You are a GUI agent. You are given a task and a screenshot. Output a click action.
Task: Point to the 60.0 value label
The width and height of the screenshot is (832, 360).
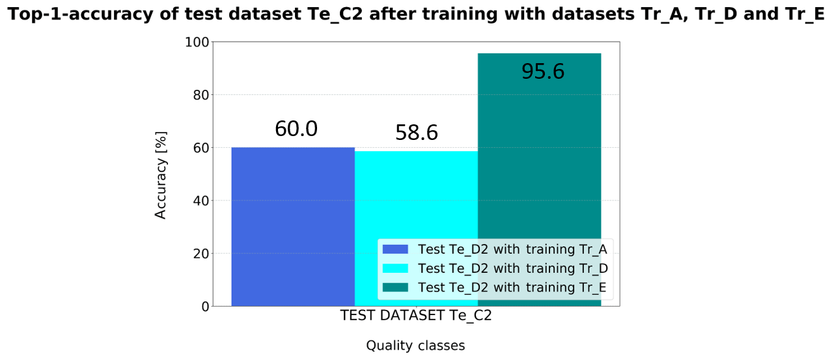coord(296,129)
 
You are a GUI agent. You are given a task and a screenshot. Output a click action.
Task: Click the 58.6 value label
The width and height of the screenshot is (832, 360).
coord(417,133)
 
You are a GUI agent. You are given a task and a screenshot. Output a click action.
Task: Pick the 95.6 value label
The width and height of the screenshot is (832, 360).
coord(543,72)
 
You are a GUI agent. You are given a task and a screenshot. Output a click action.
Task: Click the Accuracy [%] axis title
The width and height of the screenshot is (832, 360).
coord(161,175)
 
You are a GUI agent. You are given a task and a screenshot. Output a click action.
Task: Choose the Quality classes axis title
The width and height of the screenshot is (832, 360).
coord(415,346)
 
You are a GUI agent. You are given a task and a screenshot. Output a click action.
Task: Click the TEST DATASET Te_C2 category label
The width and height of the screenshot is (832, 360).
coord(415,316)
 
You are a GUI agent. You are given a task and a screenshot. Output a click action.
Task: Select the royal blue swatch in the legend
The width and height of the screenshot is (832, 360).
coord(395,249)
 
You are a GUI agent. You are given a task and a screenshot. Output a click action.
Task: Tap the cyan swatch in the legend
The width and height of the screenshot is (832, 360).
coord(395,268)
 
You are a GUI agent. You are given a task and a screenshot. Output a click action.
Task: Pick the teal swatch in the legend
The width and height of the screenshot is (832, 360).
coord(395,287)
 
